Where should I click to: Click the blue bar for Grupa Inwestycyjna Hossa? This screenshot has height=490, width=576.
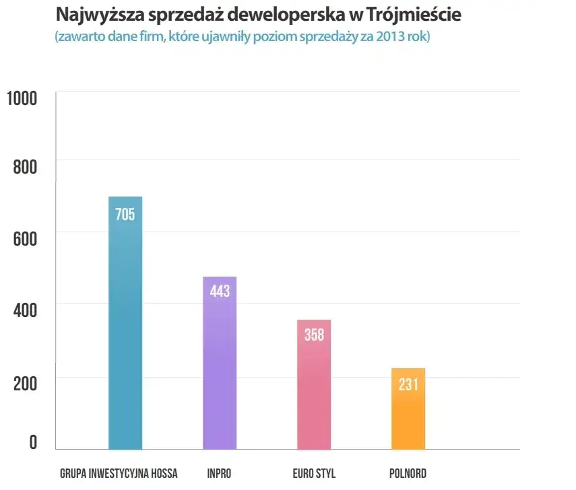coord(125,337)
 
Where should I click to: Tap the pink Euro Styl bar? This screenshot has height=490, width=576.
coord(314,397)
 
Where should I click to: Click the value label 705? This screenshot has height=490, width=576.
coord(125,215)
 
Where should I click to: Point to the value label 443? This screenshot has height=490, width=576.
coord(220,291)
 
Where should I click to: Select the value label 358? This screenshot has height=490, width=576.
coord(314,335)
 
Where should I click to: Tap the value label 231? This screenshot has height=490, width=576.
coord(408,384)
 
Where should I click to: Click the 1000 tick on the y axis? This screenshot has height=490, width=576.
coord(22,99)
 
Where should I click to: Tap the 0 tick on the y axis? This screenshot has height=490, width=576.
coord(32,442)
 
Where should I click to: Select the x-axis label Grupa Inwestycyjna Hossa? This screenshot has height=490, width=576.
coord(119,473)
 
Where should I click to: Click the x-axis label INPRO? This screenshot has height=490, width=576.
coord(220,473)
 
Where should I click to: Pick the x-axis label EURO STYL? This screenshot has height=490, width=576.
coord(314,473)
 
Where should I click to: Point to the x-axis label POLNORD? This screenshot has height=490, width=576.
coord(408,473)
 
